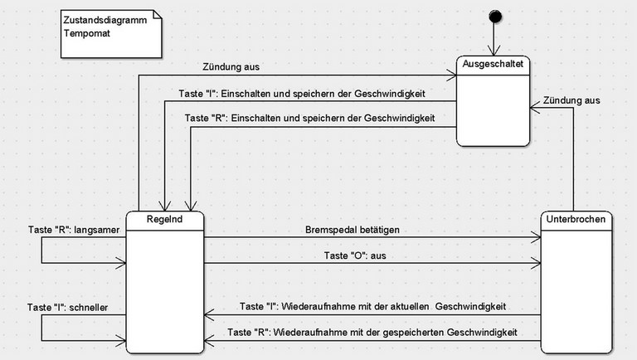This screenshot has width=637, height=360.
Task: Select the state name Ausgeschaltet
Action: click(x=494, y=66)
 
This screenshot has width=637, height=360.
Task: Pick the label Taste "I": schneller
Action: click(x=68, y=308)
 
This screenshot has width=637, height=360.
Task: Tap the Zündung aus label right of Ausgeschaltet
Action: click(x=571, y=100)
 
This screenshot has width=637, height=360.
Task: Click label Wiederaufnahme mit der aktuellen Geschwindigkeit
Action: click(x=372, y=307)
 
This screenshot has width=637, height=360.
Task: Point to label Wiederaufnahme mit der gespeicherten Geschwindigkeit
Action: click(x=372, y=333)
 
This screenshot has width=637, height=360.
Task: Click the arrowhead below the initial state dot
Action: click(x=495, y=52)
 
